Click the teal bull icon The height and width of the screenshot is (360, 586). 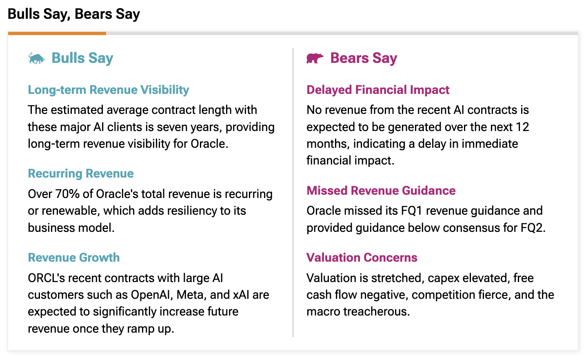tap(36, 58)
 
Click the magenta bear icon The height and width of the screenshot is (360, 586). tap(315, 58)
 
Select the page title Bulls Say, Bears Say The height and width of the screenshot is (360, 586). tap(74, 14)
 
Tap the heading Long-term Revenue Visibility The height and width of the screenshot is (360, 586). tap(108, 90)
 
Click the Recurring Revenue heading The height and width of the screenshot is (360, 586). tap(80, 173)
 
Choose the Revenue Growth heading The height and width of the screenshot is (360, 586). tap(73, 258)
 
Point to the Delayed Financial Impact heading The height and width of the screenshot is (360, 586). tap(377, 90)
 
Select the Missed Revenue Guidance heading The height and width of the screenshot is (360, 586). tap(381, 191)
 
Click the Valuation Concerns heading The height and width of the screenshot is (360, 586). tap(362, 258)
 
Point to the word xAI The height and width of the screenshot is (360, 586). tap(241, 295)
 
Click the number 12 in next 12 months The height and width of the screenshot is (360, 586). tap(522, 127)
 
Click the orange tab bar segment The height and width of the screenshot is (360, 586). tap(57, 33)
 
